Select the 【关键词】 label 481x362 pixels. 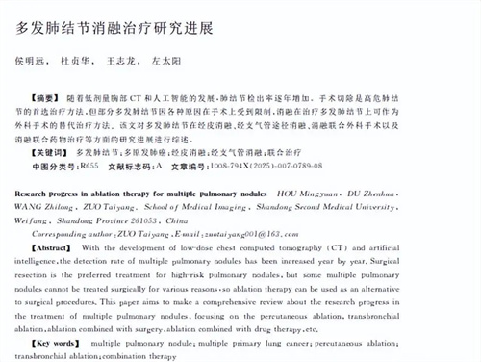click(50, 152)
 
